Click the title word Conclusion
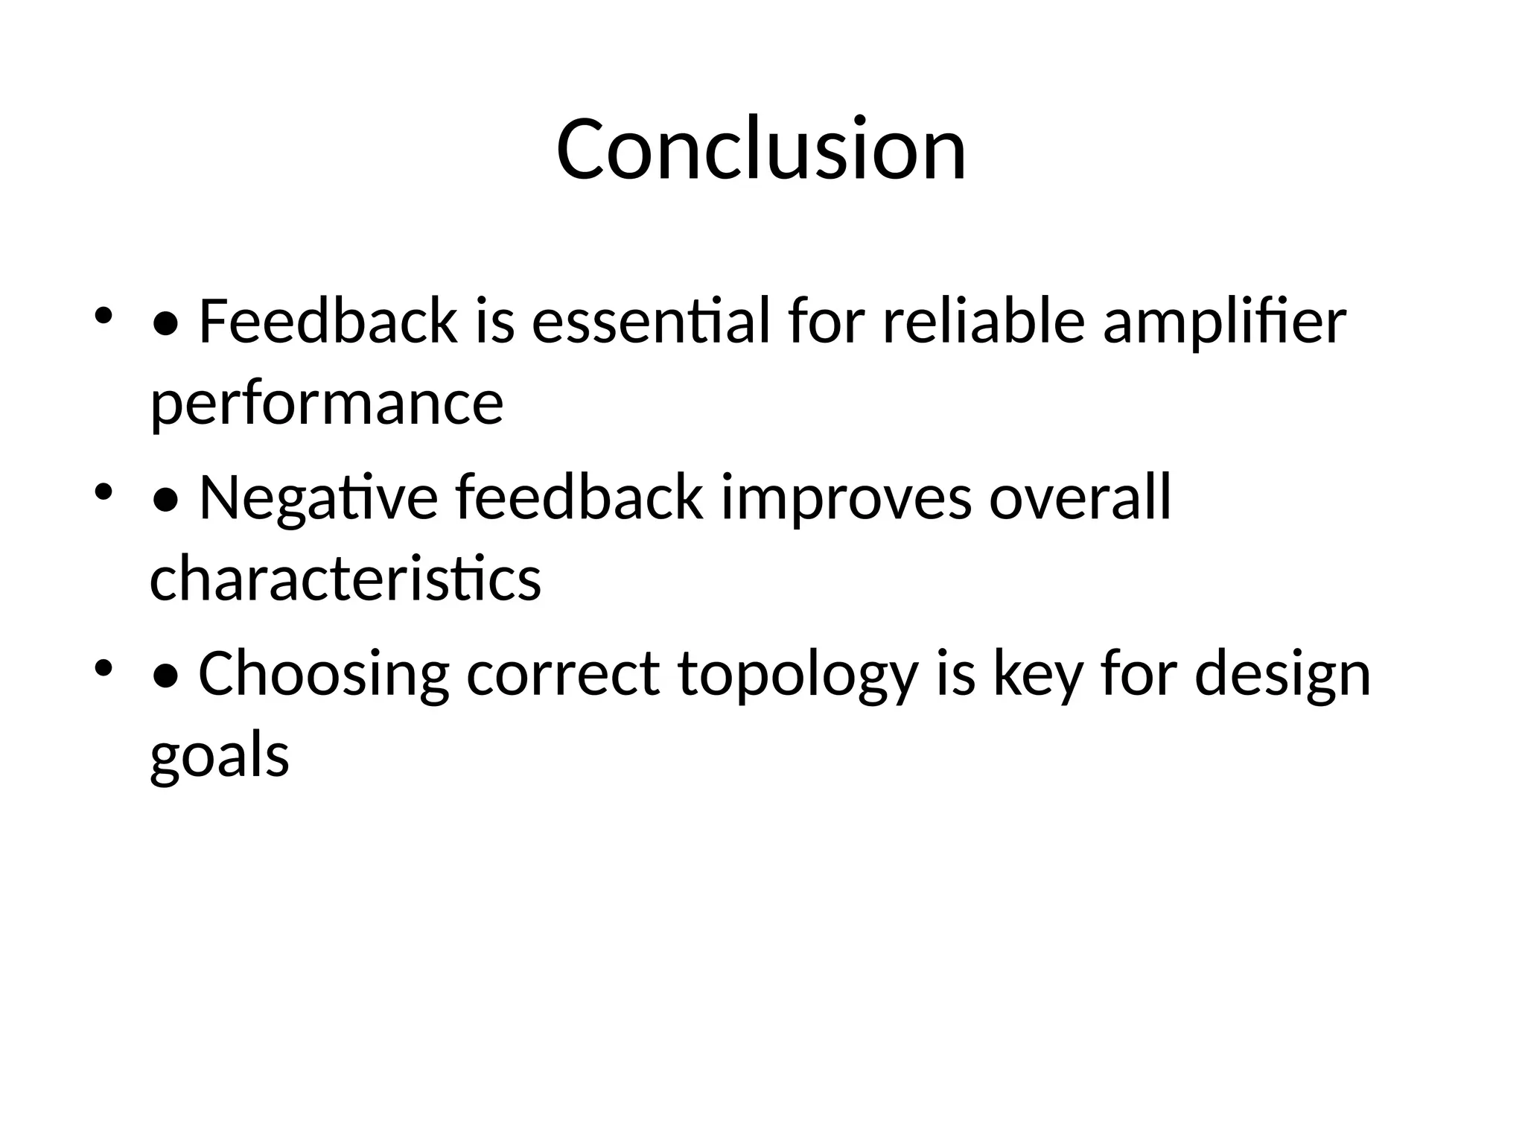point(761,149)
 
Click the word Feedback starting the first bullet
point(328,322)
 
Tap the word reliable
point(983,322)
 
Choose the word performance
point(327,405)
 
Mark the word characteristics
point(346,579)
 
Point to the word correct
point(563,675)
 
